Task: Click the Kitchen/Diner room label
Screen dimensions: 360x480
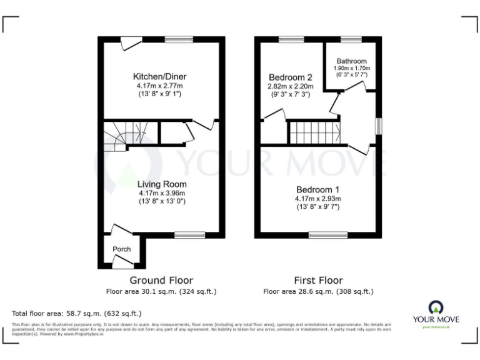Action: pyautogui.click(x=161, y=76)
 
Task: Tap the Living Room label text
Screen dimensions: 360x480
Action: pyautogui.click(x=162, y=184)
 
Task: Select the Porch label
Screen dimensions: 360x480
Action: pyautogui.click(x=122, y=249)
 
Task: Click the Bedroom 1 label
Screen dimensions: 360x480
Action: pyautogui.click(x=318, y=189)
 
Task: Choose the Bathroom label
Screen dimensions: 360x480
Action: pyautogui.click(x=351, y=61)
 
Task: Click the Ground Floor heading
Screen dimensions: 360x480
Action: pyautogui.click(x=161, y=280)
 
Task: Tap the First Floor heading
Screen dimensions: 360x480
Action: pyautogui.click(x=318, y=280)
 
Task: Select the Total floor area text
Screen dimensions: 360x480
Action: pyautogui.click(x=77, y=312)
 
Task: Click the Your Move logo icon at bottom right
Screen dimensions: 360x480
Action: pyautogui.click(x=436, y=307)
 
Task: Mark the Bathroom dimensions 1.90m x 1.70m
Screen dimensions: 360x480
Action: pyautogui.click(x=351, y=68)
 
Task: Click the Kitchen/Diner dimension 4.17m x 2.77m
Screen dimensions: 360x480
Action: pyautogui.click(x=161, y=86)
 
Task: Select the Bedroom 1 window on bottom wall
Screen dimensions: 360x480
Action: pyautogui.click(x=328, y=235)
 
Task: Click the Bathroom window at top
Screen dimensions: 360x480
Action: pyautogui.click(x=351, y=39)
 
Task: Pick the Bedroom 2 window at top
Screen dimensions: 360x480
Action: pyautogui.click(x=291, y=39)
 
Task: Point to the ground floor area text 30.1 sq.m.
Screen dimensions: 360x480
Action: pyautogui.click(x=161, y=291)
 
